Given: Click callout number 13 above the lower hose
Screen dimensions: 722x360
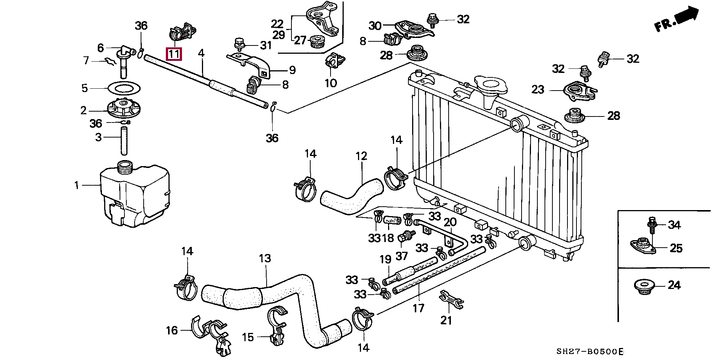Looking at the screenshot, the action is point(265,259).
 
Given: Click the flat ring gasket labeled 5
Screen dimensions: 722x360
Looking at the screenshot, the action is point(124,88).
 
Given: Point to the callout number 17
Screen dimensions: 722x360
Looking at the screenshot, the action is point(418,309).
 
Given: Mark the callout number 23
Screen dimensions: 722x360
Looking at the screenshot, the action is point(538,89).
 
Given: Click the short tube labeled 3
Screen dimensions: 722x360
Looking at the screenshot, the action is point(124,141).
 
